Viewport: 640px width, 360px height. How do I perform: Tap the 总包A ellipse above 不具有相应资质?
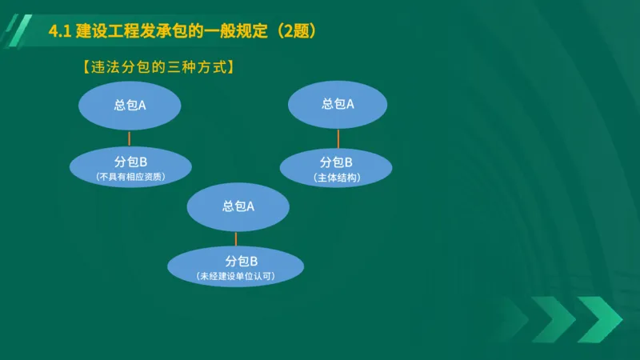[x=130, y=106]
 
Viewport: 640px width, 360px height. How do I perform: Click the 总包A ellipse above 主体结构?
[x=338, y=105]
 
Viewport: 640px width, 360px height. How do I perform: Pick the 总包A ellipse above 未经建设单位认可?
[x=238, y=206]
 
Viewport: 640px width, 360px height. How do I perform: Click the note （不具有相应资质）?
[x=130, y=176]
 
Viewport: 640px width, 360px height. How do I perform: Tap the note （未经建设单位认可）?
[x=235, y=276]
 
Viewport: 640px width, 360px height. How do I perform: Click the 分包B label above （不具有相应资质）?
[x=130, y=162]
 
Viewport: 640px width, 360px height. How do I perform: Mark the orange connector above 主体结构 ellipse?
[x=338, y=138]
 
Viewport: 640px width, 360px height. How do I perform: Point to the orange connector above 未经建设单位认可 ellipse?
[x=236, y=238]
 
